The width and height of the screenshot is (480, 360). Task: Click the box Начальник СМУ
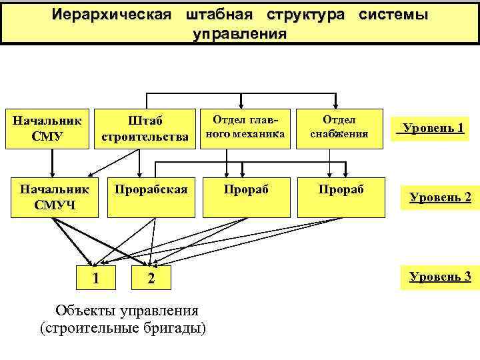click(47, 129)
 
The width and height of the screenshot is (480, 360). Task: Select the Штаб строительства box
click(145, 129)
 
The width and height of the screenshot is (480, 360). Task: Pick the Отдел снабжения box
click(339, 127)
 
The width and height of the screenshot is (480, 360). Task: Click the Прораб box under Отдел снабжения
click(339, 197)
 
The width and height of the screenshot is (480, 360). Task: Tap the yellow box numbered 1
click(97, 277)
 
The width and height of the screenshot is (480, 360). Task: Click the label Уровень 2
click(439, 197)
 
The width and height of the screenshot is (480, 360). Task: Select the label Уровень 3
click(439, 275)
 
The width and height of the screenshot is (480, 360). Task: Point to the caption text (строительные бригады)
click(123, 329)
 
